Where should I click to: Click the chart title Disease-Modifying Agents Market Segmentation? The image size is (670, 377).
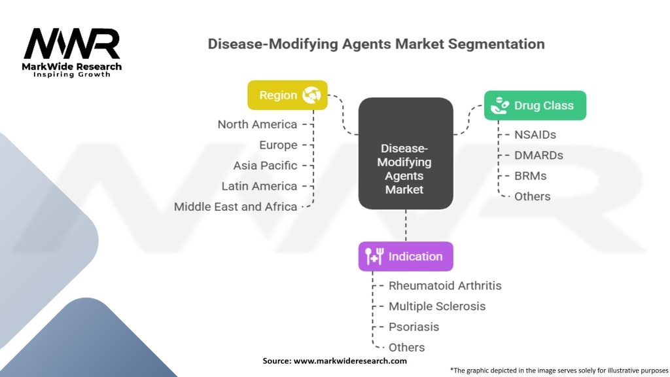click(376, 45)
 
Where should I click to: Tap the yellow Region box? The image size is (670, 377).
click(287, 95)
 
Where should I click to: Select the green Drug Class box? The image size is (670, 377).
click(535, 105)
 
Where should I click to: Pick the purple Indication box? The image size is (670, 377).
click(405, 257)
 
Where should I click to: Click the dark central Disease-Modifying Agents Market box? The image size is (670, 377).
click(405, 154)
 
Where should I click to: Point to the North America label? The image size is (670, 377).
click(257, 124)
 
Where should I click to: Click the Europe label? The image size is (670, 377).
click(277, 145)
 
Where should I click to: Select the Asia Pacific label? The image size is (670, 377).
click(265, 166)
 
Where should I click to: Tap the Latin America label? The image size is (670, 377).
click(259, 187)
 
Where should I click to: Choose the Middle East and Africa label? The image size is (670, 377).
click(236, 207)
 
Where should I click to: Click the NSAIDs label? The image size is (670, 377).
click(535, 135)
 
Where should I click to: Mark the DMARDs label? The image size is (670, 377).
click(538, 156)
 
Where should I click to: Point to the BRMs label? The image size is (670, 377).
click(531, 176)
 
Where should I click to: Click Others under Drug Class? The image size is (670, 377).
click(532, 196)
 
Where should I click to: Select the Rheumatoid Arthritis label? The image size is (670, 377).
click(445, 285)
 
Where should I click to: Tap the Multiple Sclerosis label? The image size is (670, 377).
click(437, 306)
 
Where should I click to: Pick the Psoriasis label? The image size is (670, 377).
click(414, 327)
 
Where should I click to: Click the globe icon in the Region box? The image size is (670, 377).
click(312, 95)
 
